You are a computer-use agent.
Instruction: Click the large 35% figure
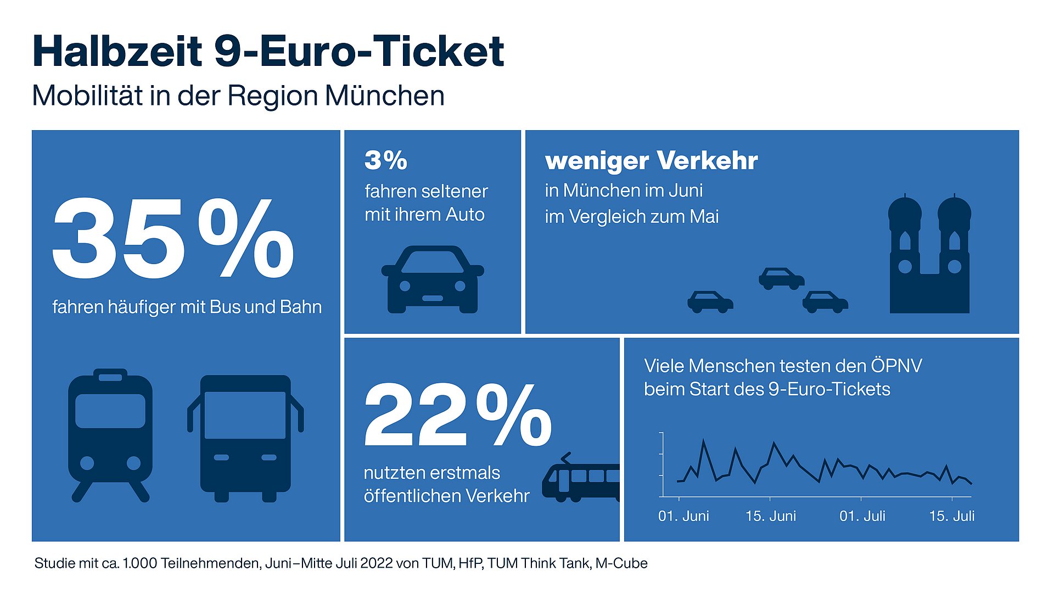point(173,239)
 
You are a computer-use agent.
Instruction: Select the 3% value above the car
point(386,160)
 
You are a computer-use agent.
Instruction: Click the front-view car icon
point(433,280)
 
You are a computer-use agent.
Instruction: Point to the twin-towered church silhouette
point(929,255)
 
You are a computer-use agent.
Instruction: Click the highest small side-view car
point(781,278)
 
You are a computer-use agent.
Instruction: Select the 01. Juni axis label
point(683,516)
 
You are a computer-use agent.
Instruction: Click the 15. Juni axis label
point(770,516)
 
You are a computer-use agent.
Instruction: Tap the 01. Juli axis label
point(862,516)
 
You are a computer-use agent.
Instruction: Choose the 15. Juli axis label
point(951,516)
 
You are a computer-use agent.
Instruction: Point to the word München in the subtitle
point(384,96)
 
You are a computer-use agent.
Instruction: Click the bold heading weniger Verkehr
point(651,161)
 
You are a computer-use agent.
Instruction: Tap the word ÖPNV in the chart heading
point(896,366)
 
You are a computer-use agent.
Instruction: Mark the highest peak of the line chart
point(704,440)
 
